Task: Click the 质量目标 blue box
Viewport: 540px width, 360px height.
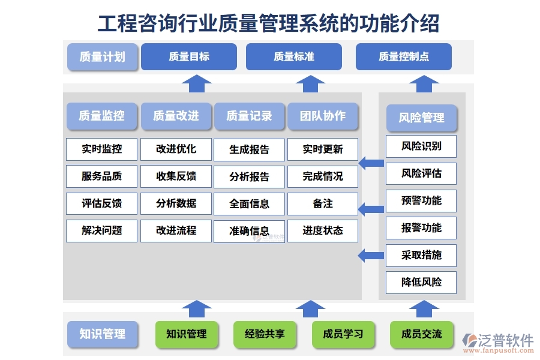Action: tap(189, 57)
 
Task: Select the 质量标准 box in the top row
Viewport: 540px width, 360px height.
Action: tap(293, 57)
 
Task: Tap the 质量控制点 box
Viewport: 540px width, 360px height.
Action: tap(403, 57)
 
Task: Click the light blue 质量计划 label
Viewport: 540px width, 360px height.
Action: tap(102, 57)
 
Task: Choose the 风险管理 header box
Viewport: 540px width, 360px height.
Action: tap(421, 118)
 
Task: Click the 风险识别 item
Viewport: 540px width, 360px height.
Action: tap(421, 146)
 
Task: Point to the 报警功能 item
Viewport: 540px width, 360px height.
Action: tap(421, 228)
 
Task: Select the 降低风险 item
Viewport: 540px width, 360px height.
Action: tap(421, 282)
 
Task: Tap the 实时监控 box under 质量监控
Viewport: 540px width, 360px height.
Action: tap(102, 149)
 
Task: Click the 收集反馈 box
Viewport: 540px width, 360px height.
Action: tap(176, 176)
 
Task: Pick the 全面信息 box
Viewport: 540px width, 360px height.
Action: tap(250, 204)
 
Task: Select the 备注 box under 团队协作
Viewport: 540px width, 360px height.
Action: tap(323, 204)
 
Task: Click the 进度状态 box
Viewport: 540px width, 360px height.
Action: tap(323, 231)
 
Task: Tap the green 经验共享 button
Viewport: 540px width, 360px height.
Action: tap(265, 334)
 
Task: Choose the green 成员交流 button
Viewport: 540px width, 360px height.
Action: tap(422, 334)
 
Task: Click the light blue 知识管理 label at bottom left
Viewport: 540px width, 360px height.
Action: tap(102, 334)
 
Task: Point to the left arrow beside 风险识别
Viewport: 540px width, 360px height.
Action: tap(371, 163)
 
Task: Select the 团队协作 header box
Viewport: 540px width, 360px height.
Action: tap(323, 116)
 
